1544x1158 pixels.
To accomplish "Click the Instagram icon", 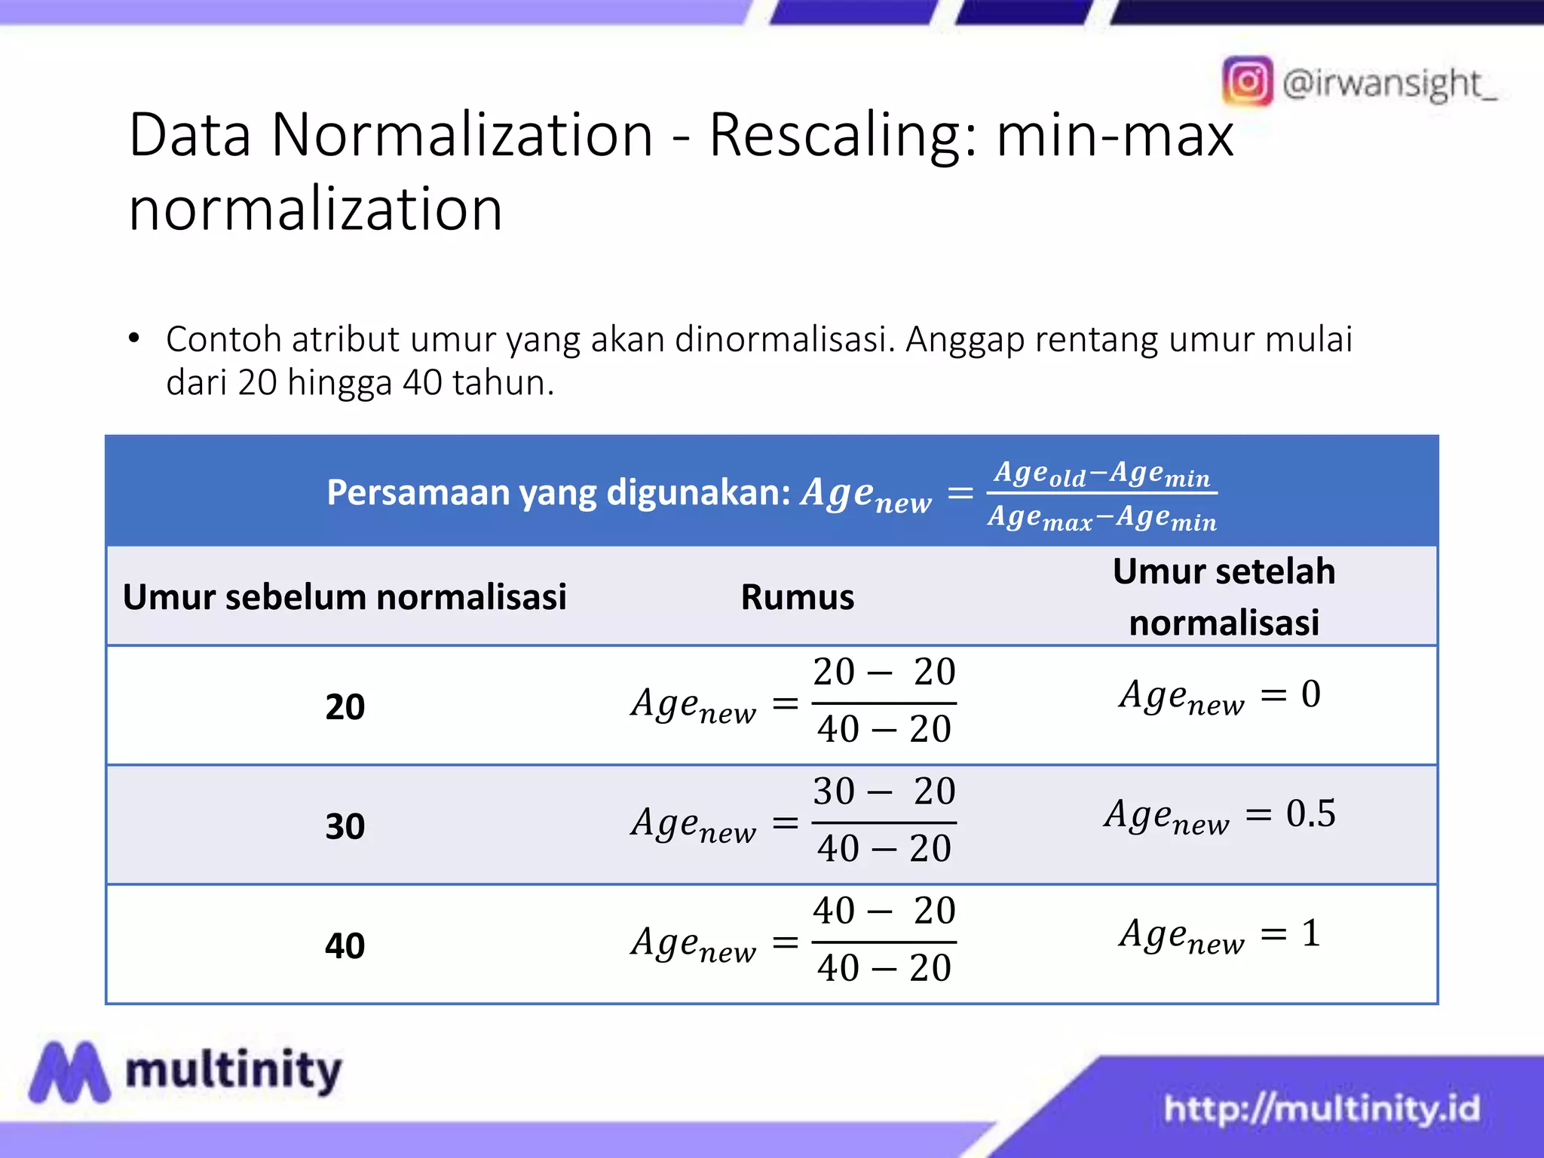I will point(1247,81).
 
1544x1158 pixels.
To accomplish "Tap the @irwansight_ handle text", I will point(1389,83).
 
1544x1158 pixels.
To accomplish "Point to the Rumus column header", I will point(798,597).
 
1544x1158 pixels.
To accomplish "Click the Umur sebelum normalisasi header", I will point(345,597).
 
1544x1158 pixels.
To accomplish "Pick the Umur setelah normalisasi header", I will point(1224,596).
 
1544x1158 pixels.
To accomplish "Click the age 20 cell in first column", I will point(345,707).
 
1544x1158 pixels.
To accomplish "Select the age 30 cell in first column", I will point(345,826).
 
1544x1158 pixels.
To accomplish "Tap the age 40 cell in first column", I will point(345,945).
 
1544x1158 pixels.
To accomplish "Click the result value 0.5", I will point(1310,813).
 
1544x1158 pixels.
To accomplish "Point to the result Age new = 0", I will point(1220,695).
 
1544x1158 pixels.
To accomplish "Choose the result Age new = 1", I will point(1220,935).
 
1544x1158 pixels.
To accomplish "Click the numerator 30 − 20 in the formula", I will point(884,792).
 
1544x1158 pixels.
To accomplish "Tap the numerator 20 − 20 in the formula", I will point(884,672).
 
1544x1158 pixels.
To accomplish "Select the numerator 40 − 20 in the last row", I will point(884,911).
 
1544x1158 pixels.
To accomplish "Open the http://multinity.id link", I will point(1322,1108).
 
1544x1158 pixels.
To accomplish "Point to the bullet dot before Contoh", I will point(134,339).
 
